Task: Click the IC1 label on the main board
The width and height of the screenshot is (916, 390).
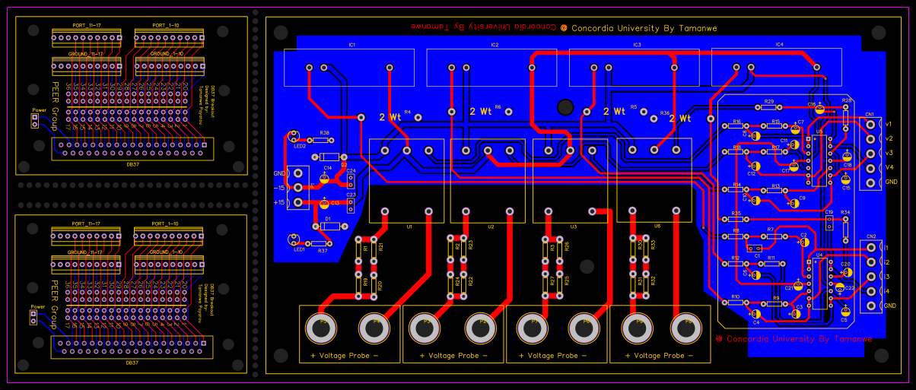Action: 351,46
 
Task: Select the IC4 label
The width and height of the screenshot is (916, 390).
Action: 779,46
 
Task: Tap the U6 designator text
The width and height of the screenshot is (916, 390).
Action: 657,226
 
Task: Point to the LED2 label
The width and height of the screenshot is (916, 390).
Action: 300,145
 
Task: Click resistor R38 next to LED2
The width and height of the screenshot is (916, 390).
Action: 324,141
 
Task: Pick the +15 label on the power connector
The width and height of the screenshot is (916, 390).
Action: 279,202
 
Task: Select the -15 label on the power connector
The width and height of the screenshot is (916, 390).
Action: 279,188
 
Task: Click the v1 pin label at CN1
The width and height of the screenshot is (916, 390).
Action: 889,123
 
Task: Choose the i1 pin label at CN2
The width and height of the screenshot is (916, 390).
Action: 886,248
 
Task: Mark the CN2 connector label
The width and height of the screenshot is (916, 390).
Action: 870,236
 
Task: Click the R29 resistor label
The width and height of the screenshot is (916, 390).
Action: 769,101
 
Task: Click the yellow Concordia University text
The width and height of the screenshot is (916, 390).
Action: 643,28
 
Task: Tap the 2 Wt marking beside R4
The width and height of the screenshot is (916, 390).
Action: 390,118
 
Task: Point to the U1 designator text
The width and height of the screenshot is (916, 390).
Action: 409,226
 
